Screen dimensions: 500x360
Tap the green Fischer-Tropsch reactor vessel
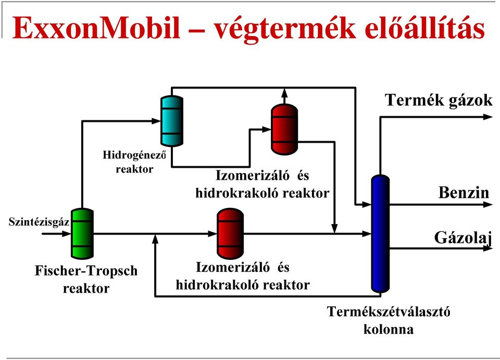pos(82,233)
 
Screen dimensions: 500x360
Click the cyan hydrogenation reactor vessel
pos(172,121)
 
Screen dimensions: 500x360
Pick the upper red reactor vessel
pos(284,129)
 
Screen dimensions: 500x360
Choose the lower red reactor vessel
pos(230,234)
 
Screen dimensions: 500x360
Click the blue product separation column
pos(380,233)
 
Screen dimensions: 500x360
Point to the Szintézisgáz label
pos(39,221)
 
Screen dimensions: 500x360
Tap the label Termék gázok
pos(439,100)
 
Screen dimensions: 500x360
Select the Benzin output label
pos(464,193)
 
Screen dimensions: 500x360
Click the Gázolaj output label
pos(463,238)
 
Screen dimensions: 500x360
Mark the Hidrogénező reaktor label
pos(134,162)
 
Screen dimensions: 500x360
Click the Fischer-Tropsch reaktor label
pos(86,279)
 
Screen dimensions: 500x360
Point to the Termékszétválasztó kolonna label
pos(389,320)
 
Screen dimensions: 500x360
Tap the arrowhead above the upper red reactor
pos(284,93)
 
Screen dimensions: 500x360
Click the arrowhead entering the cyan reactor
pos(156,121)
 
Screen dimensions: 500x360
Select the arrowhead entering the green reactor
pos(66,234)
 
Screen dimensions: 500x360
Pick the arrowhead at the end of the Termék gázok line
pos(488,117)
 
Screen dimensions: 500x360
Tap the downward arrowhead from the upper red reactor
pos(334,229)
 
